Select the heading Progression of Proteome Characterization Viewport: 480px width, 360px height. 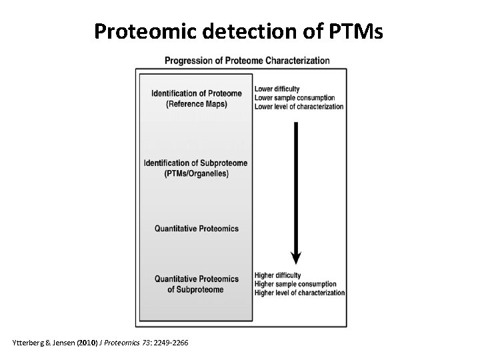(247, 61)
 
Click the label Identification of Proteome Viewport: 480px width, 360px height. (196, 93)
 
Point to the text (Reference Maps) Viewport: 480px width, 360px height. (196, 104)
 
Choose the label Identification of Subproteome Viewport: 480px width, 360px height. (196, 163)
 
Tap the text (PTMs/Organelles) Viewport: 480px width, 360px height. (196, 174)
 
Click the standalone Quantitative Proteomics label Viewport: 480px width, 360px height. (196, 229)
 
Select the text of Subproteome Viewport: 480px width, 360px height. (196, 289)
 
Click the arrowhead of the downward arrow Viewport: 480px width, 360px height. (296, 257)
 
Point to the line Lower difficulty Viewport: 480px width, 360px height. (277, 89)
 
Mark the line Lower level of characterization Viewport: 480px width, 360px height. (299, 107)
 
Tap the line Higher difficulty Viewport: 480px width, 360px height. (277, 275)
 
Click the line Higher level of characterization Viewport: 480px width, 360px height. (299, 293)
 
